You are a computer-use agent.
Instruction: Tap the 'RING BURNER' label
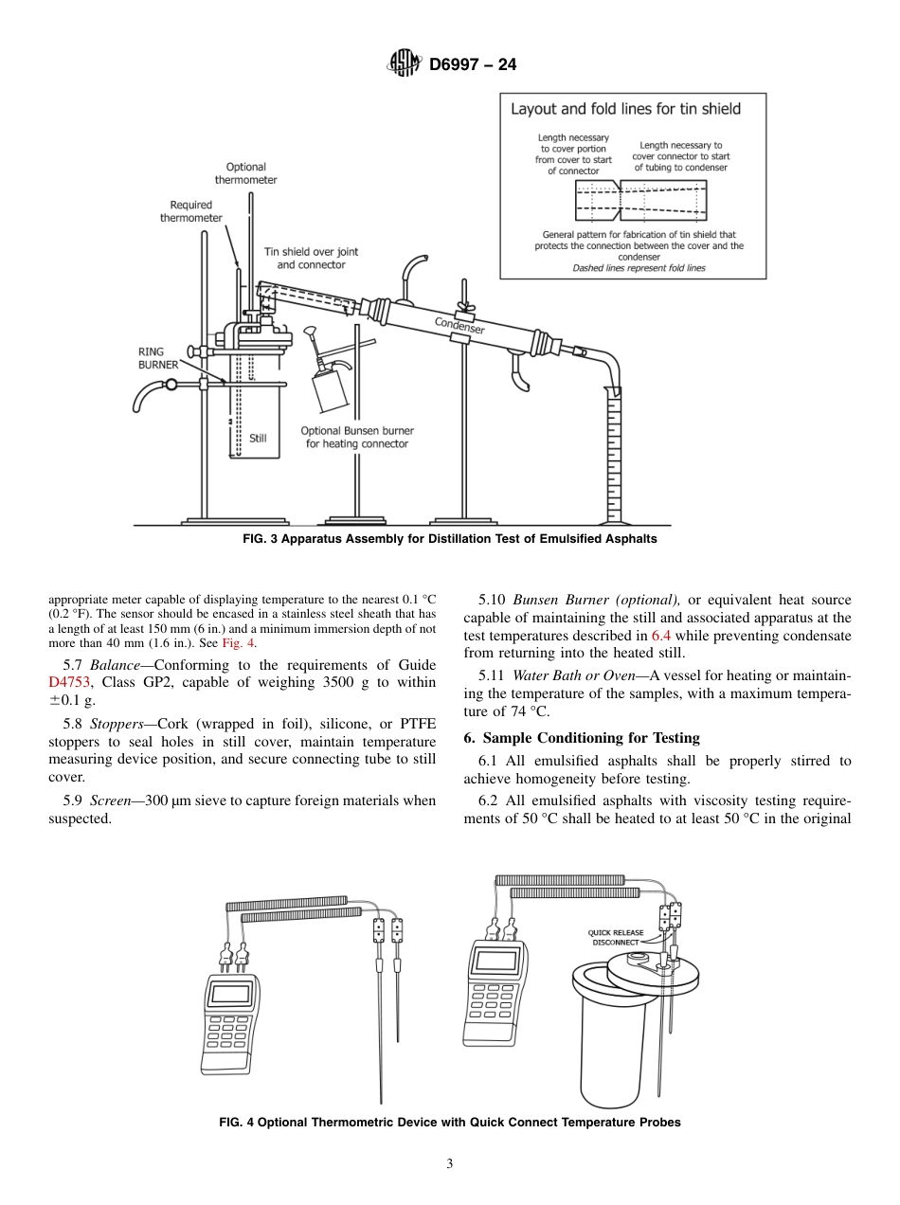click(158, 357)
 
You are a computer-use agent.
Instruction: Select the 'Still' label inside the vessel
click(258, 438)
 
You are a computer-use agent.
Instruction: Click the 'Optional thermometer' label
click(245, 173)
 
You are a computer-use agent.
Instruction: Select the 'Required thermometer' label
click(191, 211)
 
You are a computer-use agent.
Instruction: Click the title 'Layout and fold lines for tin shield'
click(625, 109)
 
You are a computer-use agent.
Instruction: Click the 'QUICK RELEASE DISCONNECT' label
click(616, 937)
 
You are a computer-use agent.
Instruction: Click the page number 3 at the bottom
click(450, 1164)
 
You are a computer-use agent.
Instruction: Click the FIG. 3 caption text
click(450, 539)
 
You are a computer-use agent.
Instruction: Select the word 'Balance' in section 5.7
click(115, 664)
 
